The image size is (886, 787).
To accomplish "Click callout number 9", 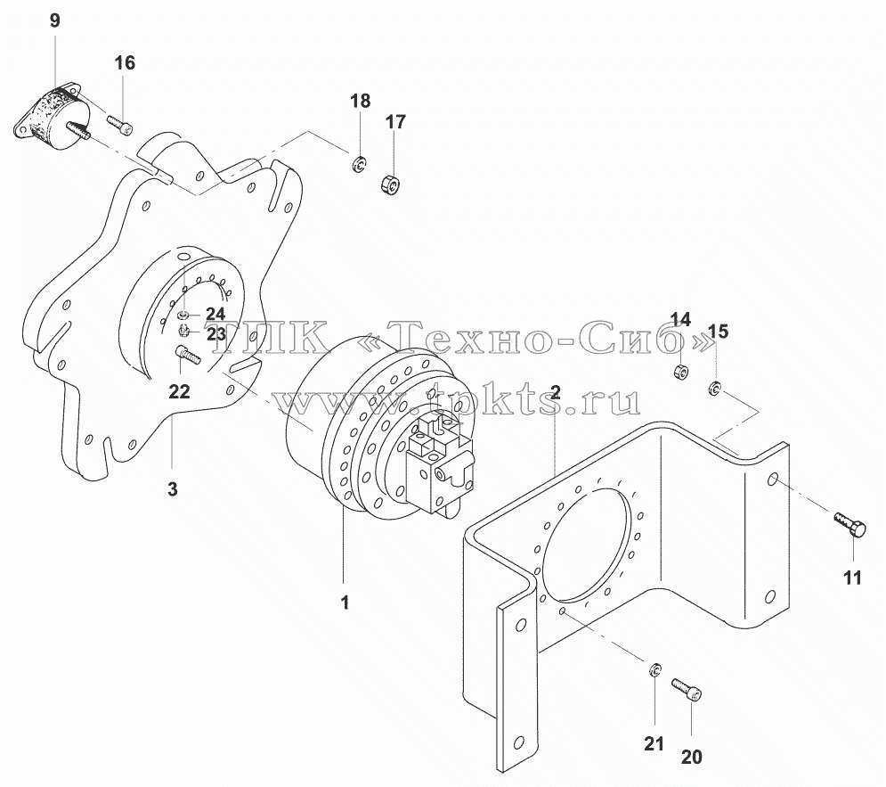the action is pos(55,20).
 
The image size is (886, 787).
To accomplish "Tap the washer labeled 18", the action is pos(358,165).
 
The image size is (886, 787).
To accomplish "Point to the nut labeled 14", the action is pos(679,373).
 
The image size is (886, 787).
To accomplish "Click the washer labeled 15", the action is pos(715,389).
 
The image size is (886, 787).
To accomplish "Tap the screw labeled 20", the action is pos(687,690).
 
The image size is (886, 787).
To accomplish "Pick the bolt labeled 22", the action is pos(188,355).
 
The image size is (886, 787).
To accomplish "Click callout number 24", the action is pos(215,314).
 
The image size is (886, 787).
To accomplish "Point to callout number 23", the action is pos(215,333).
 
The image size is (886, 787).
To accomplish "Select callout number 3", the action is pos(173,488).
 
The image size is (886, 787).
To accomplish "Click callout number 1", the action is pos(345,603).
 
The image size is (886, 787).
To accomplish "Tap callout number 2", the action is pos(556,392).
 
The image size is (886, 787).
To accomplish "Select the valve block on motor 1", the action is pos(439,461).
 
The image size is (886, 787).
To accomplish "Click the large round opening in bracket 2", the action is pos(585,537).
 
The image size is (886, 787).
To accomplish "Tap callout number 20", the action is pos(692,757).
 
